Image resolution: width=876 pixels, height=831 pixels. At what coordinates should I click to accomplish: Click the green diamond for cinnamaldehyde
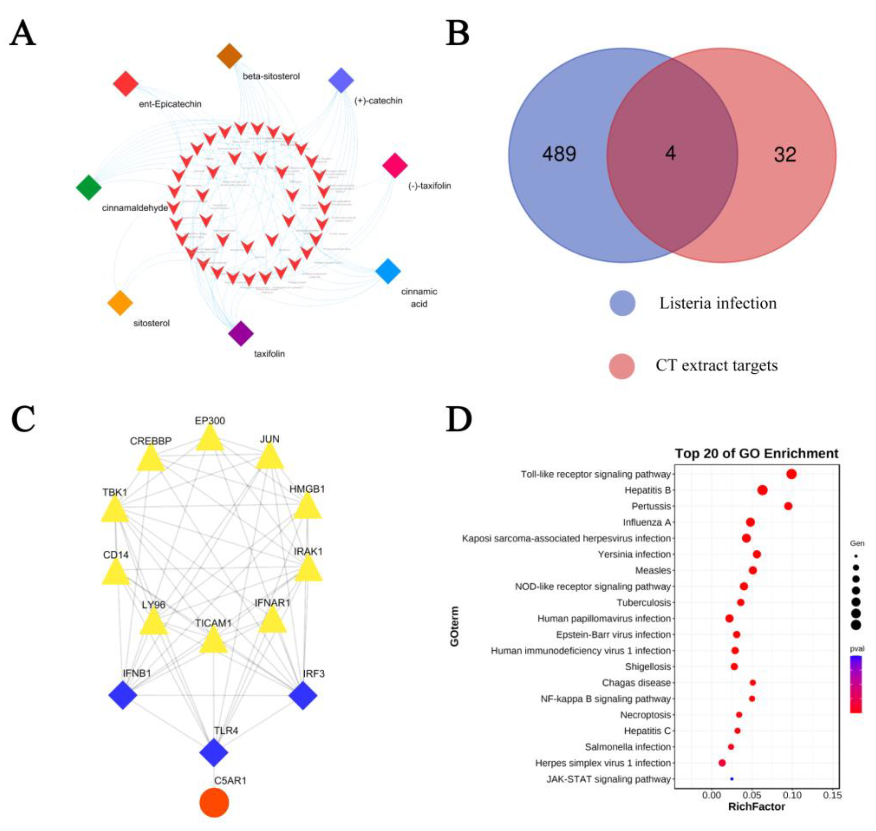point(89,187)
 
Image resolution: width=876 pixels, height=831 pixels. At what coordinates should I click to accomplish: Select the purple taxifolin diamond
point(240,333)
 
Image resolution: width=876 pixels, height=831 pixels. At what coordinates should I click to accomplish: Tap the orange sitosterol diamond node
point(120,303)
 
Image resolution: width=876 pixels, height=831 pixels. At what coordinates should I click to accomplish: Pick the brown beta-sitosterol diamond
point(229,56)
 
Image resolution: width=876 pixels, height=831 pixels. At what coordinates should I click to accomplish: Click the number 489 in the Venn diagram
point(559,154)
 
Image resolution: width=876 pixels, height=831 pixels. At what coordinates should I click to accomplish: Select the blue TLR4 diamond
point(214,752)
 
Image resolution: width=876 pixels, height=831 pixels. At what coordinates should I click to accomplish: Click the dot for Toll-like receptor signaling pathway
point(791,474)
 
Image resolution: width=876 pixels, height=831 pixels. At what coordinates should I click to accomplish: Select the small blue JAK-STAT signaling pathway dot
point(732,779)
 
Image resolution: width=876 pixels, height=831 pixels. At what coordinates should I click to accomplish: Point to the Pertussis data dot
point(788,506)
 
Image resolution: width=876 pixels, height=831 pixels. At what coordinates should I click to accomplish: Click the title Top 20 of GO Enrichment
point(756,453)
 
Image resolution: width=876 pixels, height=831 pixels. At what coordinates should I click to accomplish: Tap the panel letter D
point(459,419)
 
